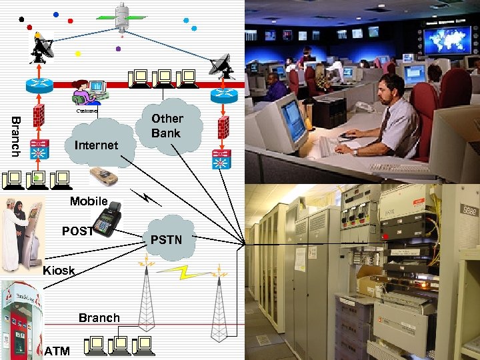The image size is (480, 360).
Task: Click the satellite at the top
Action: pyautogui.click(x=122, y=17)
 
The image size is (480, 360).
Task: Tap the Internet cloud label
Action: pyautogui.click(x=97, y=145)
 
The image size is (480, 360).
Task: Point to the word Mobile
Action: pyautogui.click(x=89, y=201)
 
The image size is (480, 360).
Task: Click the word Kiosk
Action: pyautogui.click(x=59, y=271)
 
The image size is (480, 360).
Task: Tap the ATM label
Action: pyautogui.click(x=57, y=351)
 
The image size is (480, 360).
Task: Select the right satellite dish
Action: pyautogui.click(x=222, y=65)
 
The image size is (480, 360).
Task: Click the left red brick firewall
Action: pyautogui.click(x=39, y=115)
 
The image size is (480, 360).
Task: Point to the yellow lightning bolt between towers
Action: pyautogui.click(x=183, y=272)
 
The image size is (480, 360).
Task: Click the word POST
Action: pyautogui.click(x=78, y=231)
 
